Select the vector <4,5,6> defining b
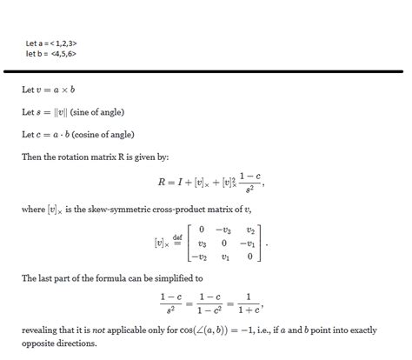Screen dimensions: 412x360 point(65,53)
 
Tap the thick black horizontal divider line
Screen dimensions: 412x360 point(206,70)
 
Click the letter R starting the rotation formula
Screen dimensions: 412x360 point(160,183)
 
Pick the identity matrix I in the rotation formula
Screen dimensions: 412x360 point(182,183)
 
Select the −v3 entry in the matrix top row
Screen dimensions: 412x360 point(224,230)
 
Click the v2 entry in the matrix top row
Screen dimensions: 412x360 point(250,230)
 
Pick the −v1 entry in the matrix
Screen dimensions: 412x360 point(249,243)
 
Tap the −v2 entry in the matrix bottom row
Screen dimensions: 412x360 point(200,257)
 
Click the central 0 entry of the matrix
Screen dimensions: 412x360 point(226,243)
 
